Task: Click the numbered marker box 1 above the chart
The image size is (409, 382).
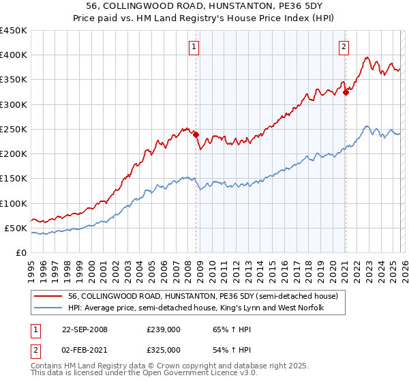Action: pyautogui.click(x=195, y=47)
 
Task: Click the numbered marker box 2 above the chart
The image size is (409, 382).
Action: pyautogui.click(x=344, y=47)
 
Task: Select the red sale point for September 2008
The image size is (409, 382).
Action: pyautogui.click(x=196, y=134)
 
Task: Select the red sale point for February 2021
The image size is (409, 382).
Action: pyautogui.click(x=346, y=92)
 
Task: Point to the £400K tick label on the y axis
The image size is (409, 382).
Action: pyautogui.click(x=14, y=55)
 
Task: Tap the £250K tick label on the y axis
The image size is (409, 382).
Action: pyautogui.click(x=14, y=129)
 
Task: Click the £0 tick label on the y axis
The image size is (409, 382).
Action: pyautogui.click(x=21, y=252)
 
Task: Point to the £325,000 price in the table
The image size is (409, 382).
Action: pyautogui.click(x=164, y=350)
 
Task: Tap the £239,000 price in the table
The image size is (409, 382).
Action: pyautogui.click(x=164, y=329)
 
